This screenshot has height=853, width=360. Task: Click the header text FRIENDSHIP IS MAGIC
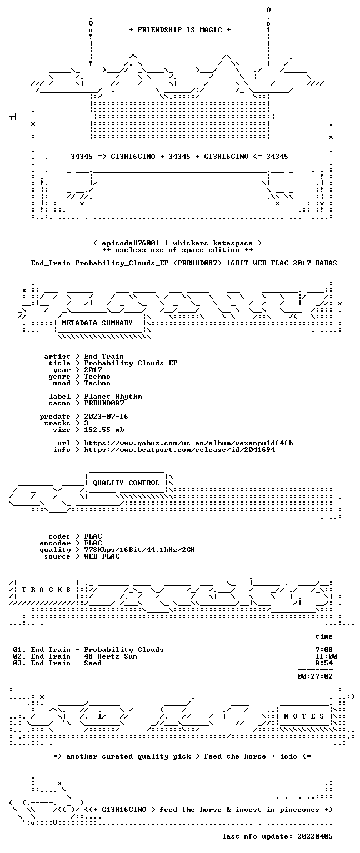[x=180, y=29]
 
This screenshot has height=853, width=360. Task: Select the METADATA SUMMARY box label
[x=97, y=323]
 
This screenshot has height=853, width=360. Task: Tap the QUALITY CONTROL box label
[x=126, y=483]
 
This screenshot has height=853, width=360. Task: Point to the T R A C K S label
[x=46, y=589]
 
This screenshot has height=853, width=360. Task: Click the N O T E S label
[x=304, y=716]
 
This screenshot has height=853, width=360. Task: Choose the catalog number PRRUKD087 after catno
[x=104, y=403]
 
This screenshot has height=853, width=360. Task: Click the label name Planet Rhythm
[x=113, y=397]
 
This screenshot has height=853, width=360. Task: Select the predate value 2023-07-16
[x=106, y=416]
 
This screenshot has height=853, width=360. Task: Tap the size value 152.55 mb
[x=104, y=429]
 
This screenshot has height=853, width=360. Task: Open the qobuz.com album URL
[x=188, y=443]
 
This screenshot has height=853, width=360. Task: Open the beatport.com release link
[x=179, y=450]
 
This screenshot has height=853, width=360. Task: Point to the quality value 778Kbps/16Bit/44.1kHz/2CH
[x=139, y=549]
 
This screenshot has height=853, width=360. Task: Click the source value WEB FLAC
[x=102, y=556]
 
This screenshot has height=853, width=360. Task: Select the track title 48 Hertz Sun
[x=111, y=656]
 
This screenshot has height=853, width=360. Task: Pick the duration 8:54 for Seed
[x=324, y=663]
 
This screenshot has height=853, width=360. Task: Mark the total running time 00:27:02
[x=315, y=676]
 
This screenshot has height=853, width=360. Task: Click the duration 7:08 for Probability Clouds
[x=324, y=650]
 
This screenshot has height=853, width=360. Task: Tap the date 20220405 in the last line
[x=315, y=836]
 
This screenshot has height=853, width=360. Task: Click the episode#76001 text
[x=131, y=243]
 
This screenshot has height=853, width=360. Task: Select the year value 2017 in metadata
[x=93, y=370]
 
